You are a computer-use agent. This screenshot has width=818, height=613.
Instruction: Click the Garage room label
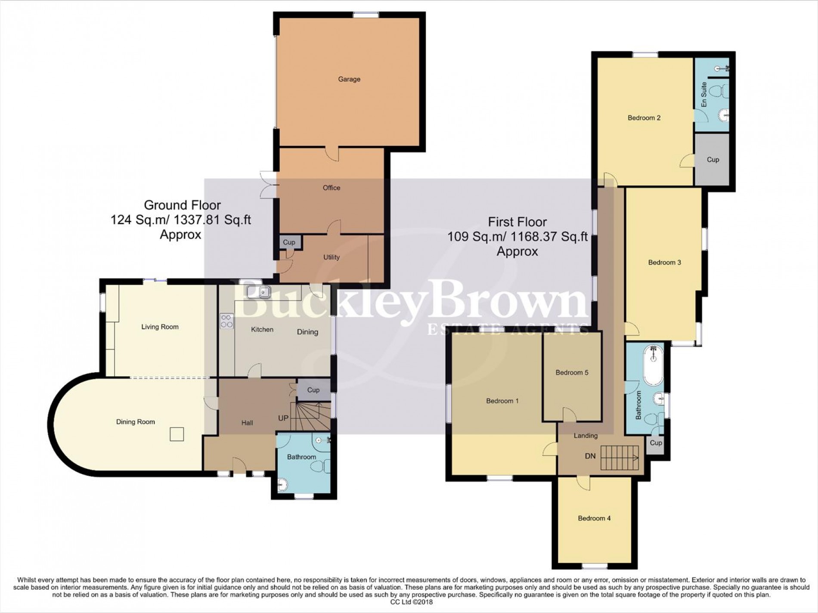(x=349, y=79)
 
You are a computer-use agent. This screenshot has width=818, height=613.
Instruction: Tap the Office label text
(x=331, y=188)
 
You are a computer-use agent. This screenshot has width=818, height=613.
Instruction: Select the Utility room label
(x=331, y=257)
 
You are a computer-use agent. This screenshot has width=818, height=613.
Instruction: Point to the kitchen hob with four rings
(x=227, y=321)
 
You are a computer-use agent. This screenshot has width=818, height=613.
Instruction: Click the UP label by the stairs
(x=283, y=418)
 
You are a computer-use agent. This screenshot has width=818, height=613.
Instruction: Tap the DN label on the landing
(x=590, y=455)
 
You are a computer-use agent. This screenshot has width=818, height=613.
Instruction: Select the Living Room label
(x=160, y=327)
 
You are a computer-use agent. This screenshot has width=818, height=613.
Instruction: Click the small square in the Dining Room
(x=177, y=434)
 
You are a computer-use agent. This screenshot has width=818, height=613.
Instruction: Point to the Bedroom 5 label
(x=572, y=372)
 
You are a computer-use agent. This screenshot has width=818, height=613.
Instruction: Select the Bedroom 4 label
(x=594, y=518)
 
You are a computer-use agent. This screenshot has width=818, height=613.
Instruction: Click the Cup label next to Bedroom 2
(x=713, y=159)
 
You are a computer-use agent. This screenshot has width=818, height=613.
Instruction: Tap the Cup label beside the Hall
(x=313, y=390)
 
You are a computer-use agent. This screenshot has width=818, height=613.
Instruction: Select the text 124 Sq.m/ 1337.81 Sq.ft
(x=181, y=220)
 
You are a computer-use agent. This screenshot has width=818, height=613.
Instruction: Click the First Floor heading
(x=517, y=222)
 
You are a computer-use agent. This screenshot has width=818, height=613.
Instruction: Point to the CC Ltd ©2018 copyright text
(x=408, y=602)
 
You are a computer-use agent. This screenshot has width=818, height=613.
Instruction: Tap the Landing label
(x=585, y=436)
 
